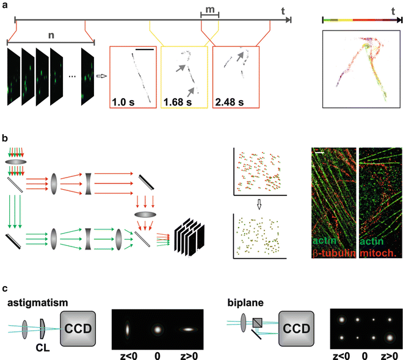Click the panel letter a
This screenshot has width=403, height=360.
click(x=5, y=5)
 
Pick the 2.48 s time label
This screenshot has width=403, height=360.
click(x=230, y=101)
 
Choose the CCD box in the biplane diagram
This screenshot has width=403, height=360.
click(x=298, y=328)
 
